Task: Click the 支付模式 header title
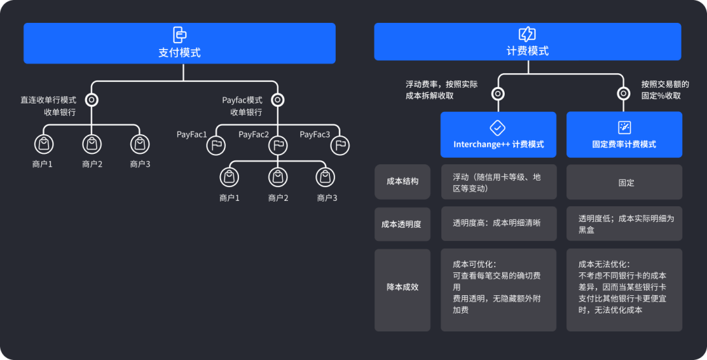pyautogui.click(x=179, y=52)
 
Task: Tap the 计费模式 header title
pyautogui.click(x=528, y=51)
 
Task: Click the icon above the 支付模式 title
pyautogui.click(x=179, y=35)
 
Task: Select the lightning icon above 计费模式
pyautogui.click(x=527, y=34)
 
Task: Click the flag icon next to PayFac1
pyautogui.click(x=217, y=145)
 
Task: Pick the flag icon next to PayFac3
pyautogui.click(x=340, y=145)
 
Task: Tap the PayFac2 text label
pyautogui.click(x=254, y=134)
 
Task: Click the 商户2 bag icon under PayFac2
pyautogui.click(x=278, y=176)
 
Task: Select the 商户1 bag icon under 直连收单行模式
pyautogui.click(x=43, y=143)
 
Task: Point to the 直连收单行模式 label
pyautogui.click(x=48, y=100)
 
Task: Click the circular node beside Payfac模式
pyautogui.click(x=278, y=100)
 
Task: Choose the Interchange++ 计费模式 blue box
pyautogui.click(x=498, y=134)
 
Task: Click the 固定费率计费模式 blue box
pyautogui.click(x=624, y=134)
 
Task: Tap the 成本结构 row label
pyautogui.click(x=403, y=181)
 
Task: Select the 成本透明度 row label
pyautogui.click(x=402, y=224)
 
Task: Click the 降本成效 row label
pyautogui.click(x=403, y=287)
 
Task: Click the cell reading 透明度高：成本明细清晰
pyautogui.click(x=498, y=223)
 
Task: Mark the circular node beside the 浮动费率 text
pyautogui.click(x=498, y=94)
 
